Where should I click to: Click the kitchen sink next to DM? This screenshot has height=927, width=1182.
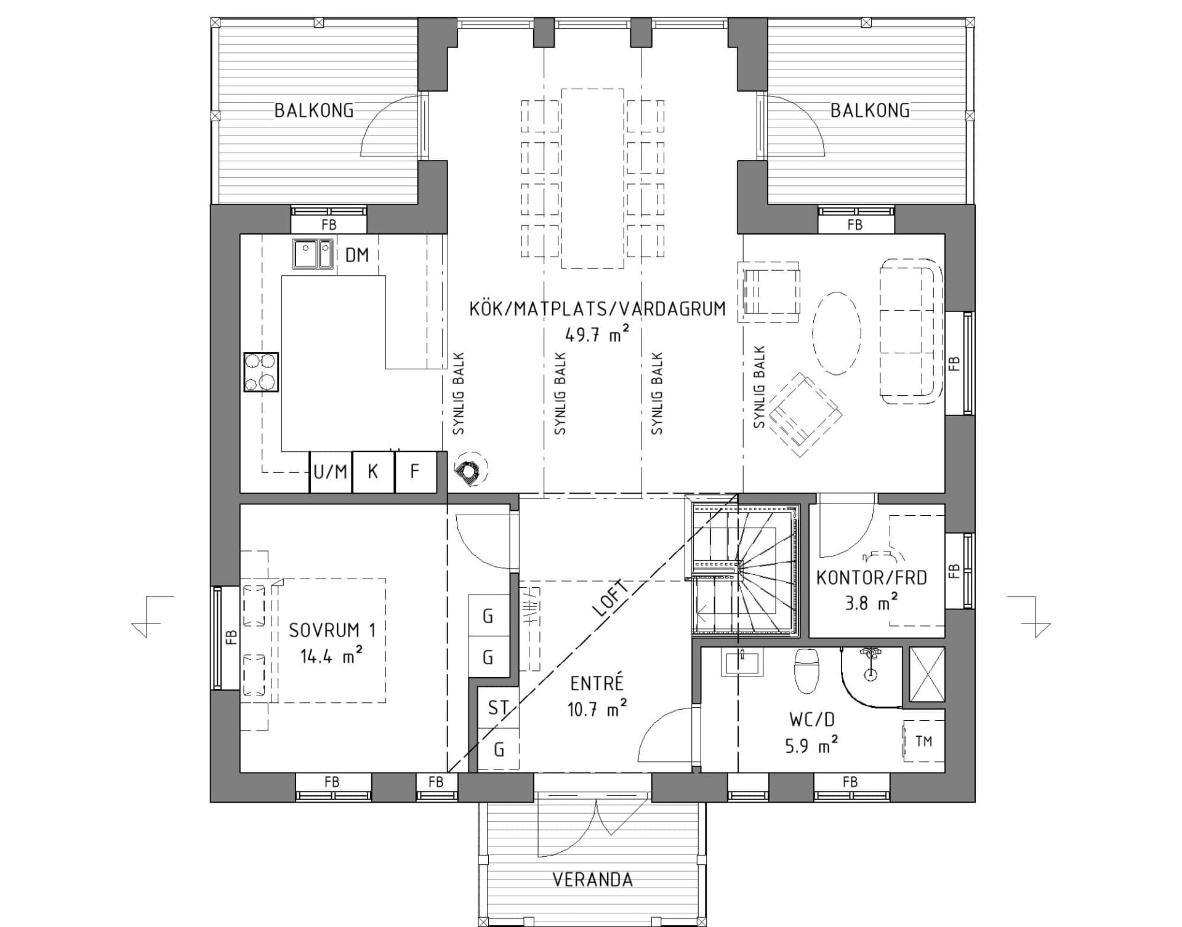[x=312, y=254]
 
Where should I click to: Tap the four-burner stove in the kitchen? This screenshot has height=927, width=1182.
[x=261, y=372]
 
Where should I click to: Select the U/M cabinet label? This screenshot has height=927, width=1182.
[x=331, y=472]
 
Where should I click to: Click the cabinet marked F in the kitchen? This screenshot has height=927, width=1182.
[x=415, y=472]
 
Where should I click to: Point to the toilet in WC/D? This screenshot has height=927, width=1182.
[x=807, y=670]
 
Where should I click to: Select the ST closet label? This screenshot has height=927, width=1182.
[x=497, y=708]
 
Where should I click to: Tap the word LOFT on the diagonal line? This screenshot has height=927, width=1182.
[x=611, y=598]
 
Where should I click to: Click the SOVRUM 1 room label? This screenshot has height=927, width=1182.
[x=332, y=630]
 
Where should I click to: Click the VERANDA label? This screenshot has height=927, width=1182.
[x=592, y=880]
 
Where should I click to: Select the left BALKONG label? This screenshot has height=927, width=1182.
[x=314, y=111]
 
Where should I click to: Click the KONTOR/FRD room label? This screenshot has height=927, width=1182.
[x=871, y=578]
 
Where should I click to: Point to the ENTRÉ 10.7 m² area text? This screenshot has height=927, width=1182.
[x=597, y=710]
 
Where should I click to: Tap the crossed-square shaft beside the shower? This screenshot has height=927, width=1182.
[x=927, y=674]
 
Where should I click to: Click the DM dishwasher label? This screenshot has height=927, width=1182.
[x=356, y=255]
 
